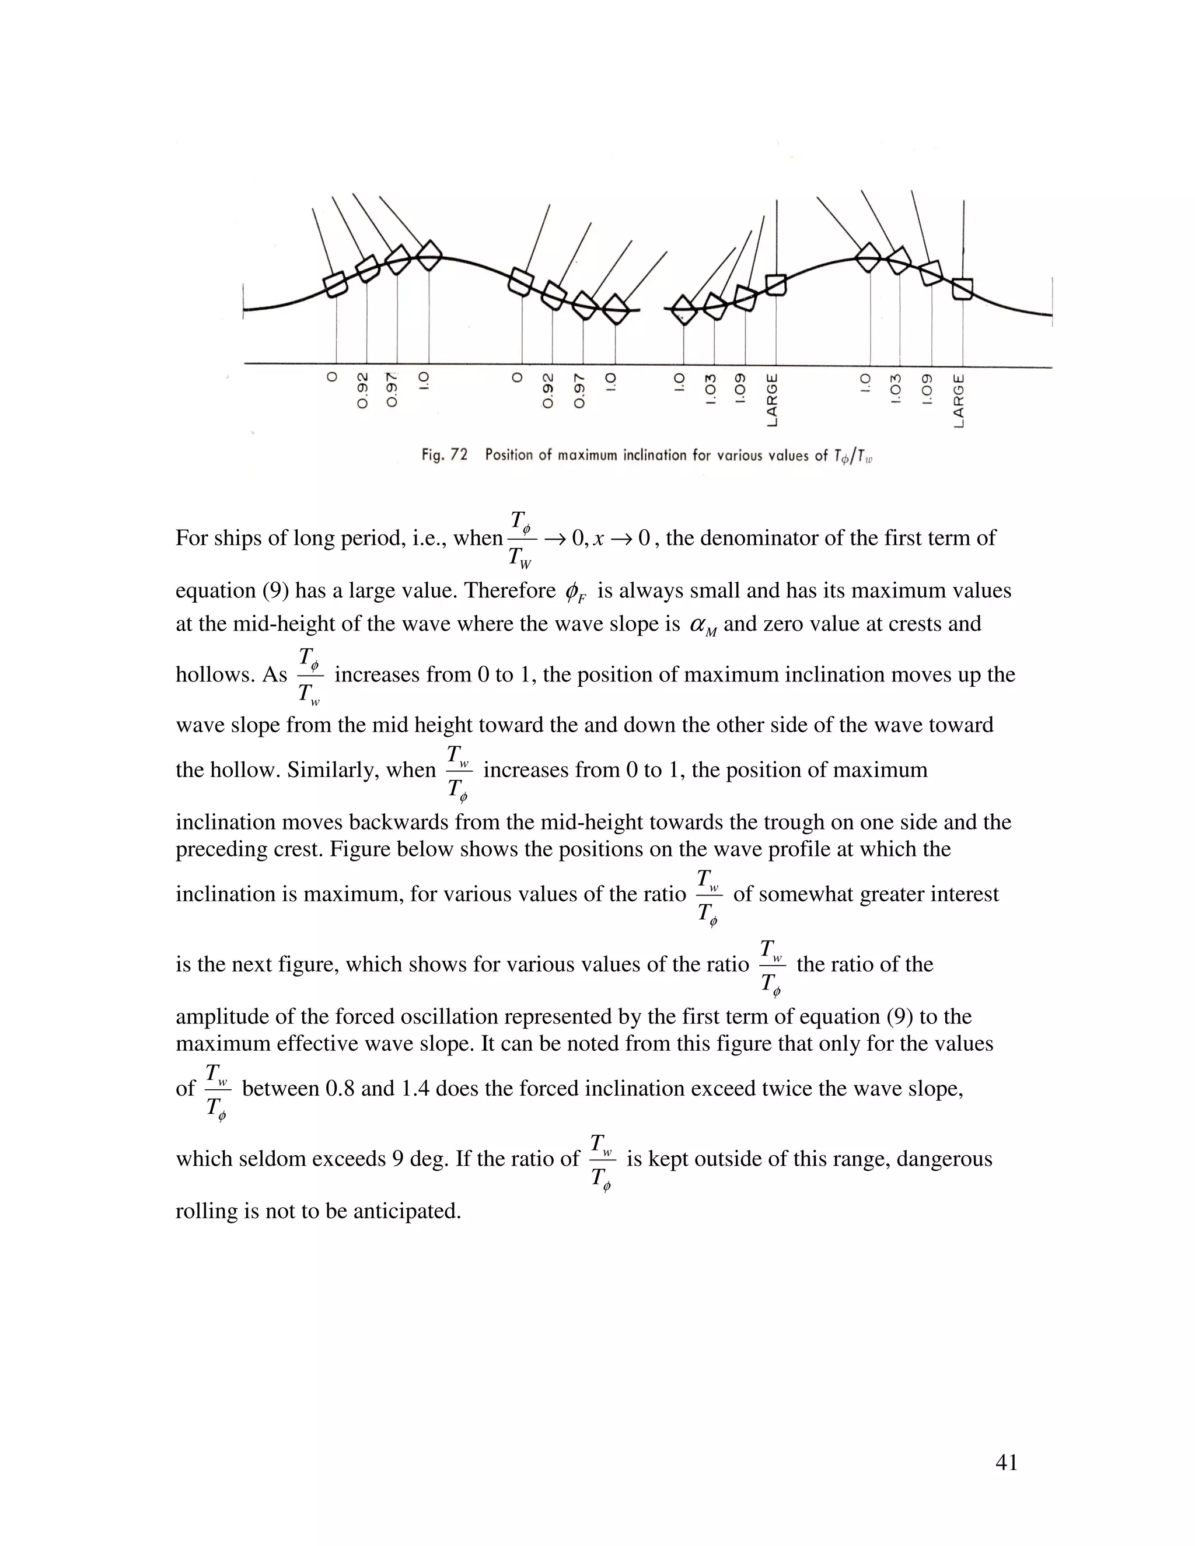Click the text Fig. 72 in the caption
click(444, 454)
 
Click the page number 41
click(1006, 1463)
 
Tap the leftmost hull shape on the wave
click(336, 285)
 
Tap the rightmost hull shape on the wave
click(962, 289)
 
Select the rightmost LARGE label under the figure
click(959, 401)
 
